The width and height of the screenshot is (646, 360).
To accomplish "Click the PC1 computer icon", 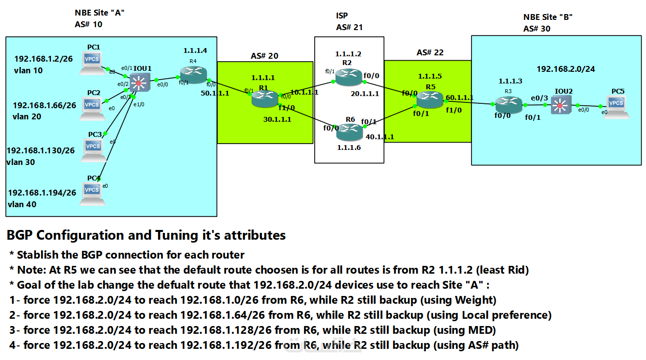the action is [x=92, y=63].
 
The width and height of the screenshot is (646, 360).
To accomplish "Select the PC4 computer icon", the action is [x=92, y=194].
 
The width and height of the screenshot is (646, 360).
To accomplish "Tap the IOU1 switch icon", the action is [x=140, y=82].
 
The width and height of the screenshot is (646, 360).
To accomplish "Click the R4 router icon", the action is [x=194, y=74].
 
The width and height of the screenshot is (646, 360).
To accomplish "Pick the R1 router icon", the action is [x=265, y=99].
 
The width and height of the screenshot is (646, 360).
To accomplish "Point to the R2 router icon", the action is [x=348, y=77].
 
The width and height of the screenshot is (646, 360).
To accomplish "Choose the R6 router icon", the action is [x=349, y=132].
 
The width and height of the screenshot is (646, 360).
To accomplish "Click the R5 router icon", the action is [x=430, y=99].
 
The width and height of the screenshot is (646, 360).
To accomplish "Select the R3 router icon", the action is [x=509, y=105].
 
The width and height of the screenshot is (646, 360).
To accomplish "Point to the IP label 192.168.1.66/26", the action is [x=45, y=105].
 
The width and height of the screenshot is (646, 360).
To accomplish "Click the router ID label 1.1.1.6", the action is [x=349, y=147].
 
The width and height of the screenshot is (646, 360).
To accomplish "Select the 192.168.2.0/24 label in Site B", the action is [x=565, y=69].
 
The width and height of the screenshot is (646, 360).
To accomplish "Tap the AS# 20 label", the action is [x=264, y=56].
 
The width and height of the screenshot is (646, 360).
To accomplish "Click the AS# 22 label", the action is [x=430, y=52].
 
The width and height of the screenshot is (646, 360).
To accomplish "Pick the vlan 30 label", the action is [x=20, y=162].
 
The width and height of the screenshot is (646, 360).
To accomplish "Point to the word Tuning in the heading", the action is [x=178, y=236].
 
